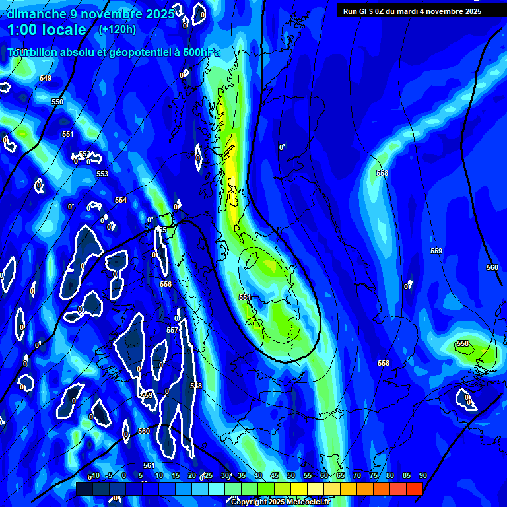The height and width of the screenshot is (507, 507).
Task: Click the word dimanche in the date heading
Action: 32,14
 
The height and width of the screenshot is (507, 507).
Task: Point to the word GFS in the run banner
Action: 368,11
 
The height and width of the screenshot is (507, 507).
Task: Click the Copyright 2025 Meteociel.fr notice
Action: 280,502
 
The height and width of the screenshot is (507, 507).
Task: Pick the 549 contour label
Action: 46,79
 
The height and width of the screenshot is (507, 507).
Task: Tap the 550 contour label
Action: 57,102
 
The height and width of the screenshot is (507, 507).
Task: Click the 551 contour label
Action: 68,135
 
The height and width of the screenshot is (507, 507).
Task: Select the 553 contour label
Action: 102,174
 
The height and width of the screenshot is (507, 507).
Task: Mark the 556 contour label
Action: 166,285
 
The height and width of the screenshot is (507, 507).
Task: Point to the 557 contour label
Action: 172,330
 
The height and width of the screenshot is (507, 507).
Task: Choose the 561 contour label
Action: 149,466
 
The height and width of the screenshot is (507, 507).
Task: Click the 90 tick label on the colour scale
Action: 422,475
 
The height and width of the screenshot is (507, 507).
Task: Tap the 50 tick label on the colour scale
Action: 291,475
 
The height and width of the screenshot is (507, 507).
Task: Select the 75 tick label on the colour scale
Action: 373,475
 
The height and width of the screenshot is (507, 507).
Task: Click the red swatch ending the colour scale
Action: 414,489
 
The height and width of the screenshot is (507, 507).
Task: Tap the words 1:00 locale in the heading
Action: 47,30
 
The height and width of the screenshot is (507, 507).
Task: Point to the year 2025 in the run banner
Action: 471,11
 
